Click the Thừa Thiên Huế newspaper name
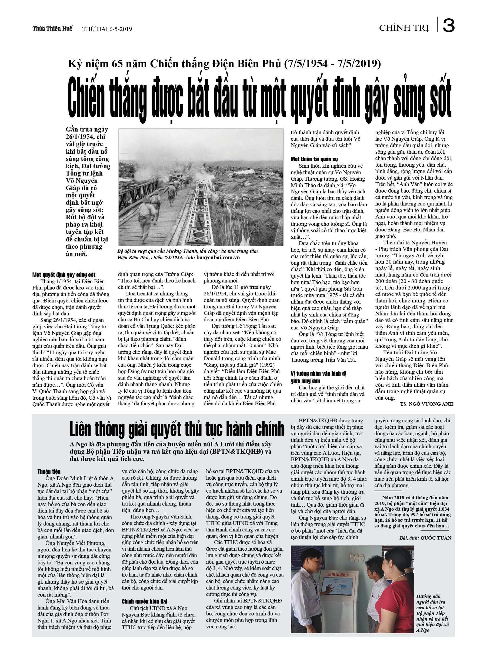click(x=52, y=29)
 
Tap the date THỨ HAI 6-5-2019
click(x=107, y=29)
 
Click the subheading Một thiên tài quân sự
click(x=314, y=159)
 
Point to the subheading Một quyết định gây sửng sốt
click(x=64, y=275)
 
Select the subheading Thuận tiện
click(x=49, y=472)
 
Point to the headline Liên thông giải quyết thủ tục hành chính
click(x=176, y=429)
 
